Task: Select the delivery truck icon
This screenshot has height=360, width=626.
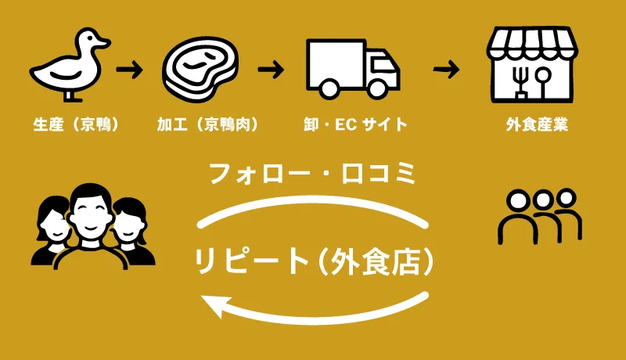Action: [x=348, y=69]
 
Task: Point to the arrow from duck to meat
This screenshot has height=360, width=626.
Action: [x=130, y=70]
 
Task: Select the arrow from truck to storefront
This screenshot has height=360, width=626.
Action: [x=446, y=70]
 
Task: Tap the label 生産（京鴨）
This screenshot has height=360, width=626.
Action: [x=76, y=124]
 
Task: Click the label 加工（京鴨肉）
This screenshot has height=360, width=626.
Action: [x=207, y=124]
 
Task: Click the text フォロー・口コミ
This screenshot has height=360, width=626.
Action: [x=313, y=173]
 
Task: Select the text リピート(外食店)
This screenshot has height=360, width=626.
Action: [x=313, y=261]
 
